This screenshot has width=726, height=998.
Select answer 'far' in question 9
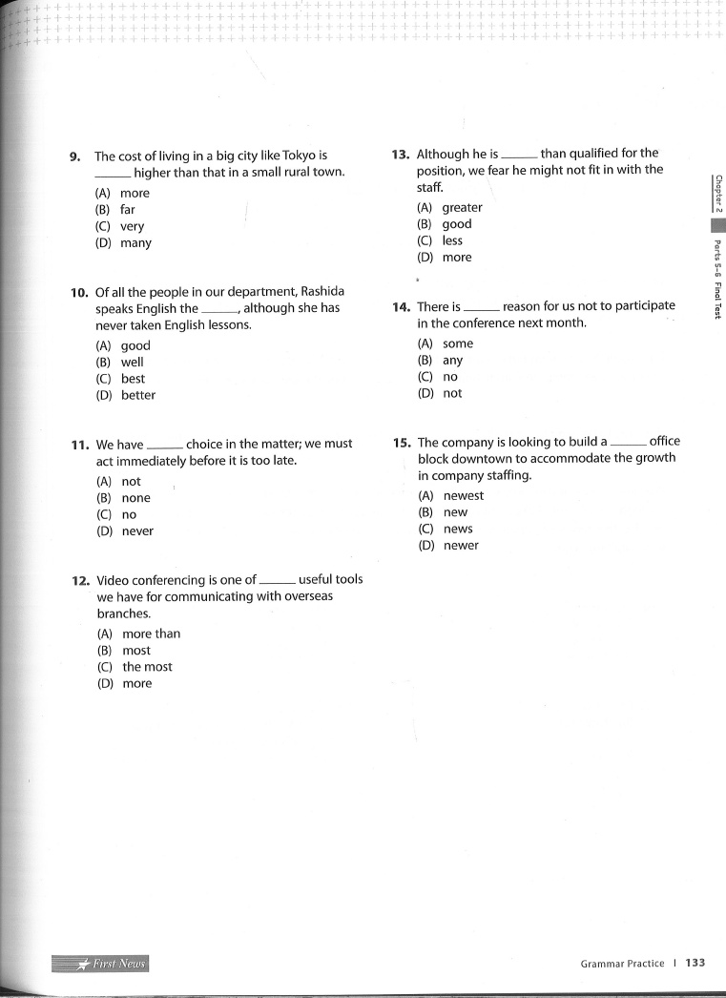point(127,210)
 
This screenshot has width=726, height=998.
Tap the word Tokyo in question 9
point(301,156)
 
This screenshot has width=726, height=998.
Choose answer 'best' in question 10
point(133,379)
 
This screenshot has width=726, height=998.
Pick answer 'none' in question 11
point(135,498)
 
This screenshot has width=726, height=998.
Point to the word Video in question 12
point(114,579)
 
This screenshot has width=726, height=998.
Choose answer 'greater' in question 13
point(462,207)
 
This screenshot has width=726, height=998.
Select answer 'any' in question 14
point(452,361)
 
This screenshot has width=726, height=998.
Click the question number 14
point(401,307)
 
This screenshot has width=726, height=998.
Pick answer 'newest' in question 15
point(463,495)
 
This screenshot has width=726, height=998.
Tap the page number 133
point(695,963)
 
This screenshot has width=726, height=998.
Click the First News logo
point(101,964)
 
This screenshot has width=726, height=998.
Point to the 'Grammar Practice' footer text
point(622,964)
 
